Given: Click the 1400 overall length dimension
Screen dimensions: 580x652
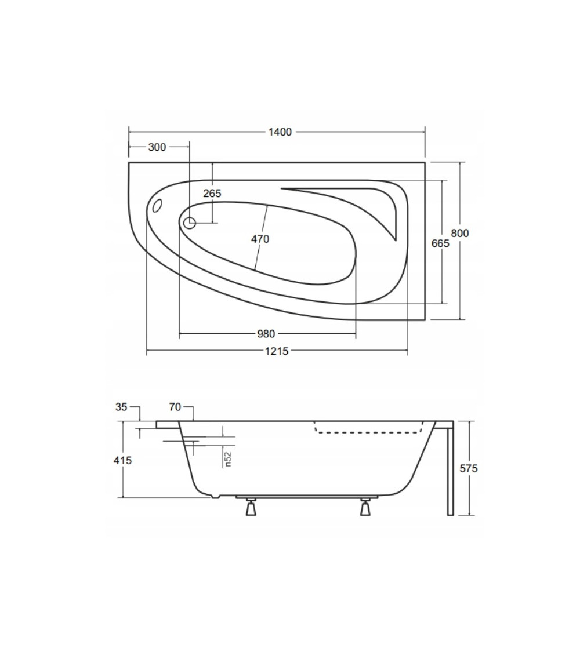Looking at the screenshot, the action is pos(280,132).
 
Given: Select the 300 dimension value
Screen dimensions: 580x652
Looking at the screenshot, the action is pos(157,147).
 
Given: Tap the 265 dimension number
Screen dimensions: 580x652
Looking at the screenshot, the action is pos(212,194).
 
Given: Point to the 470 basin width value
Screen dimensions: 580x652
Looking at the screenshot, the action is pos(260,239).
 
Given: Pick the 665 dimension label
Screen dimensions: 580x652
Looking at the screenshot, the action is pos(440,243).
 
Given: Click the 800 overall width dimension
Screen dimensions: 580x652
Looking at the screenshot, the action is pos(460,234).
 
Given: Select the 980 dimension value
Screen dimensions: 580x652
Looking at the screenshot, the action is pos(266,334).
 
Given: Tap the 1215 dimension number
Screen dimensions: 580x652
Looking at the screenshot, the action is pos(277,351).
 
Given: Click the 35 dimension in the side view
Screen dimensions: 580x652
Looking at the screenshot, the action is pos(121,407).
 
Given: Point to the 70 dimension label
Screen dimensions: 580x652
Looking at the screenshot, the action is pos(175,407).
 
